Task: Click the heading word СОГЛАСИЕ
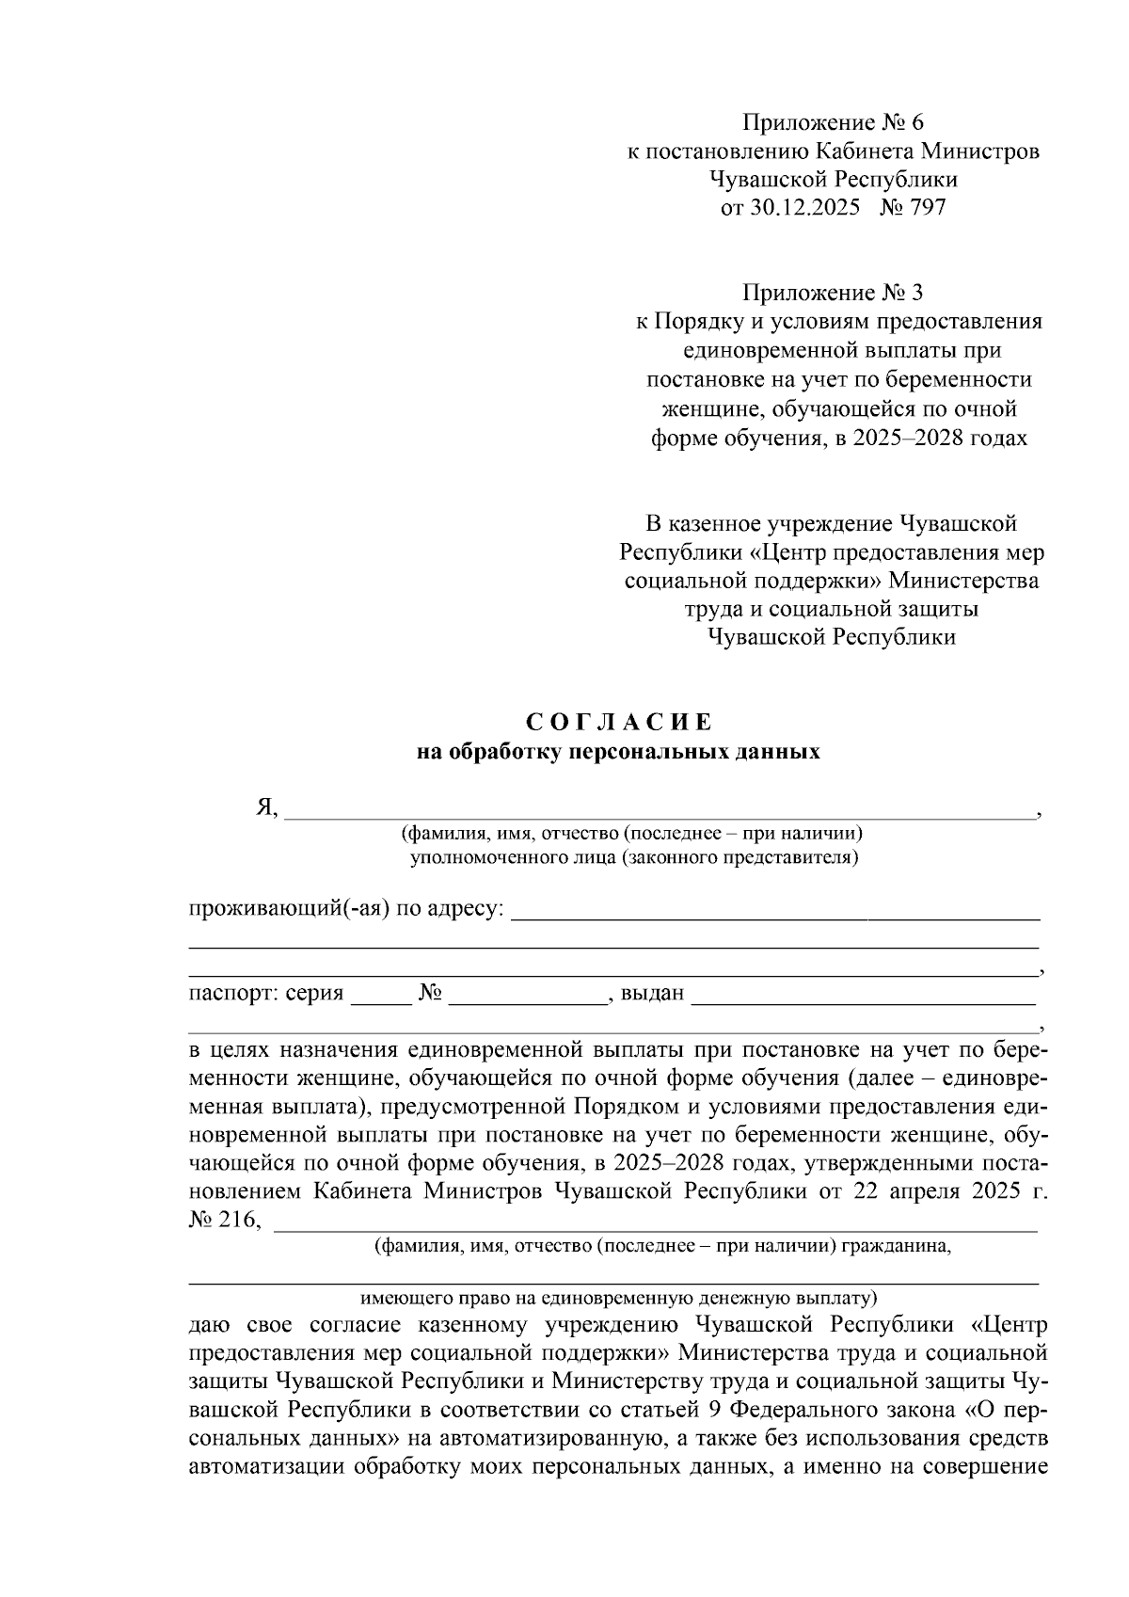619,723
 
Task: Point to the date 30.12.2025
805,208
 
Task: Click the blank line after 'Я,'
659,814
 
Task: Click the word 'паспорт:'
227,994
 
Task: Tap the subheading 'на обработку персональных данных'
618,752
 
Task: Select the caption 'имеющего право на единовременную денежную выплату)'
618,1298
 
